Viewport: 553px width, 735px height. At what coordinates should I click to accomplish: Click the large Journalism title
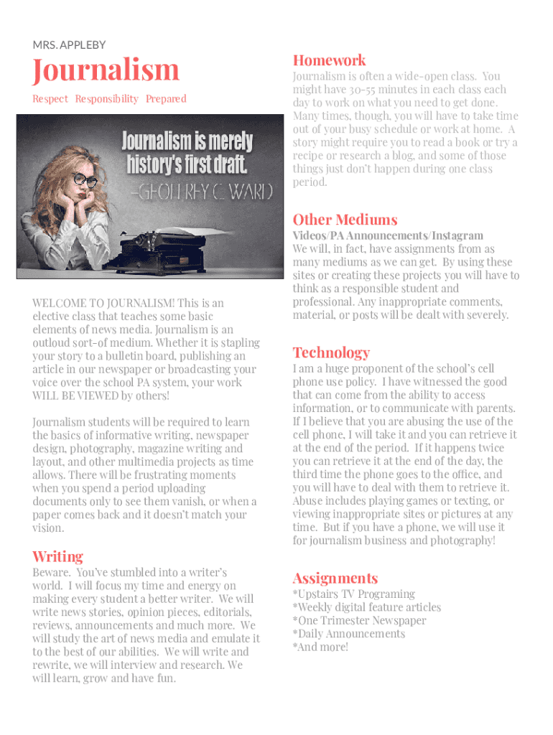[x=106, y=71]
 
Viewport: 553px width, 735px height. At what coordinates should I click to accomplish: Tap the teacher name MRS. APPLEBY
[x=69, y=45]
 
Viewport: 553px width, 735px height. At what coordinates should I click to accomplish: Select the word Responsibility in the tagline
[x=106, y=99]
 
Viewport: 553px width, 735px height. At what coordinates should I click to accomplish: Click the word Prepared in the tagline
[x=166, y=99]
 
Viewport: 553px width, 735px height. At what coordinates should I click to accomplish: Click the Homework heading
[x=329, y=60]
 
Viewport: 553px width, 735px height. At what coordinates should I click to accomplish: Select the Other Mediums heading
[x=345, y=220]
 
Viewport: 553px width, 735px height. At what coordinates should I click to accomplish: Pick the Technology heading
[x=331, y=352]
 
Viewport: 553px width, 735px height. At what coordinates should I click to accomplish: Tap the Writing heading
[x=57, y=556]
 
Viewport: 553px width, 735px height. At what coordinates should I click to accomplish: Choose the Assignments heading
[x=335, y=578]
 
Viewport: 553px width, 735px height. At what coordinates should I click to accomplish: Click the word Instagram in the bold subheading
[x=457, y=235]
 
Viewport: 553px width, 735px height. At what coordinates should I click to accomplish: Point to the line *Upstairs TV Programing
[x=353, y=594]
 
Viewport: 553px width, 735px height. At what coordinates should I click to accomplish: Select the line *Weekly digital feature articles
[x=366, y=607]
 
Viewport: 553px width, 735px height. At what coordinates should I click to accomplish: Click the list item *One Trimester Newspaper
[x=359, y=621]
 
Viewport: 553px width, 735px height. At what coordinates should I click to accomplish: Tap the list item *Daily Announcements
[x=348, y=634]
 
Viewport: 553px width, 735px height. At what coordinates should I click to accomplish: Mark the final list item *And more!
[x=320, y=647]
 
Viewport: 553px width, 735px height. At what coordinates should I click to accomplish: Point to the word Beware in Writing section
[x=50, y=573]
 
